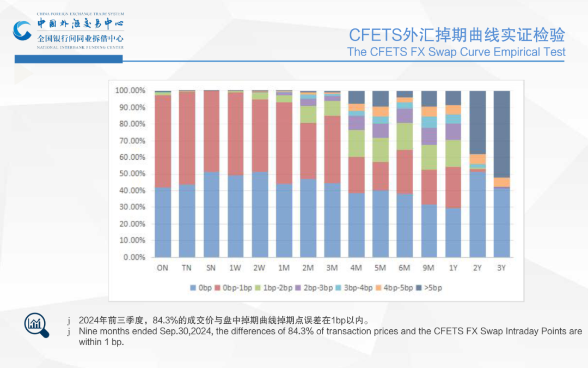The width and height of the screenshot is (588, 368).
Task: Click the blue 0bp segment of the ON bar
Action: (163, 222)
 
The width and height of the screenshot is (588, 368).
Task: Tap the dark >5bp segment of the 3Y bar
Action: (501, 134)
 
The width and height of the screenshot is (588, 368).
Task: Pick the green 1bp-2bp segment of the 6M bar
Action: (405, 136)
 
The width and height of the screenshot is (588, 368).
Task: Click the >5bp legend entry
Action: (430, 287)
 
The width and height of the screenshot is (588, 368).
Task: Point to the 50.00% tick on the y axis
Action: (130, 173)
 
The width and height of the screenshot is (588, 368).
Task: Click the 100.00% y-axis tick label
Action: (130, 91)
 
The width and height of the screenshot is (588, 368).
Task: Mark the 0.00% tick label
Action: (132, 257)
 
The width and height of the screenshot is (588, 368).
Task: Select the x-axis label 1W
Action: (235, 268)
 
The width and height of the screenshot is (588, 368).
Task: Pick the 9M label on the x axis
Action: (428, 268)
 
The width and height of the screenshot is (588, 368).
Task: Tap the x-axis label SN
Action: (211, 268)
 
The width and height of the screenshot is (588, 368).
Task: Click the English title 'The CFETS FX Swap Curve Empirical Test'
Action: (456, 52)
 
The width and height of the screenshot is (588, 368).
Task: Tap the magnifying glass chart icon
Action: (36, 324)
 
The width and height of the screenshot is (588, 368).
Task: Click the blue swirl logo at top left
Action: (23, 31)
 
